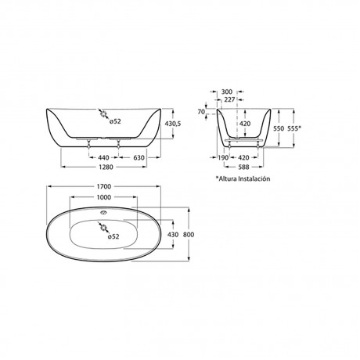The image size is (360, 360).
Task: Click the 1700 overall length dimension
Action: [x=104, y=186]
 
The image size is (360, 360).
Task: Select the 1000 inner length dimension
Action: [x=104, y=197]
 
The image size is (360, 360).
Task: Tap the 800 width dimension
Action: [x=189, y=235]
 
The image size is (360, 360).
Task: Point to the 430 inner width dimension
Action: [x=173, y=235]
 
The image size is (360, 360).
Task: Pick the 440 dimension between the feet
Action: [x=103, y=157]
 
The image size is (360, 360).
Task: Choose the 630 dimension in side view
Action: [x=139, y=157]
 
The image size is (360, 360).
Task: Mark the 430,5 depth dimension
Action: [x=173, y=124]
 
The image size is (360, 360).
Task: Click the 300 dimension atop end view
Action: [x=226, y=92]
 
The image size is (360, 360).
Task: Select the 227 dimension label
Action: [x=229, y=99]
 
